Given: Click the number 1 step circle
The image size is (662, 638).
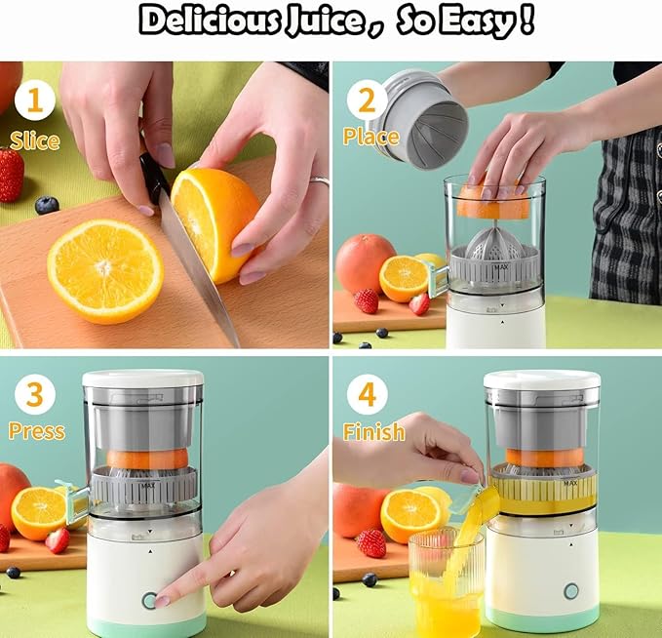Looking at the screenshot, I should click(34, 100).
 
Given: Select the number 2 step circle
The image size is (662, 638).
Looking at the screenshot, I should click(367, 100).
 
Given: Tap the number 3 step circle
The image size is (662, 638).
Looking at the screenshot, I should click(34, 395).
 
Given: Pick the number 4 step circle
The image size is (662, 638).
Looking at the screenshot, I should click(367, 395).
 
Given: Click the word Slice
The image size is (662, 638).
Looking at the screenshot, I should click(35, 140).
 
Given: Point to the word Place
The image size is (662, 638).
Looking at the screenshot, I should click(370, 137).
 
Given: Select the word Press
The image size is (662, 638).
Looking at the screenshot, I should click(37, 431).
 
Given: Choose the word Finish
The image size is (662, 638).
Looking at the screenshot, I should click(373, 431).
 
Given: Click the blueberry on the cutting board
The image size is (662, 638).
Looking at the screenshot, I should click(46, 205).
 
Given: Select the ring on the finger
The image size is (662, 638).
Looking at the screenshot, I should click(319, 180).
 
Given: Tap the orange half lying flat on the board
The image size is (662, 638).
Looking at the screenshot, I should click(104, 270).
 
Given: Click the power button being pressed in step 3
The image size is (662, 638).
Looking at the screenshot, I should click(149, 600).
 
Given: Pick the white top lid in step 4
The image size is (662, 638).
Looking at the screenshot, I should click(541, 379).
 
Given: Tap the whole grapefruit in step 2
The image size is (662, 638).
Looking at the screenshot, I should click(364, 263).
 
